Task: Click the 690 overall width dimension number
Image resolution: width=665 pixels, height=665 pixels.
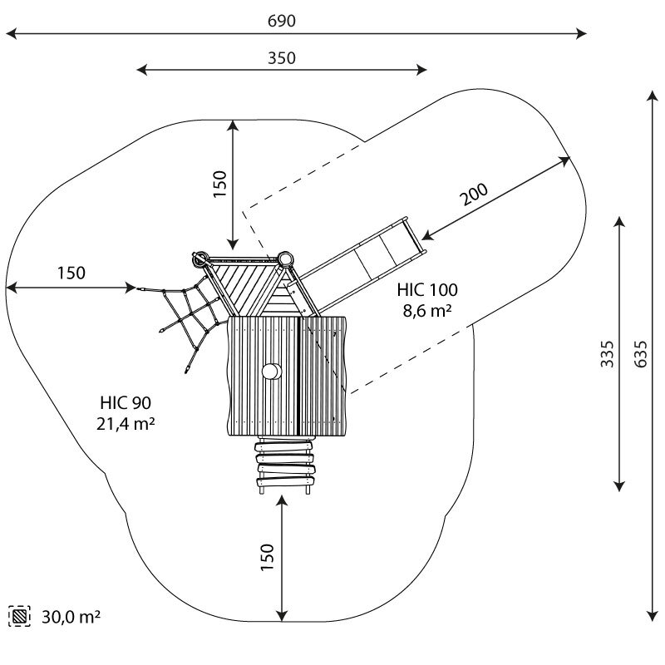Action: (x=282, y=21)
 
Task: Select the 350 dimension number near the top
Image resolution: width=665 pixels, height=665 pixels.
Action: (x=282, y=58)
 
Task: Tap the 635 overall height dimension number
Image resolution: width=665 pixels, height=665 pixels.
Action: (x=641, y=354)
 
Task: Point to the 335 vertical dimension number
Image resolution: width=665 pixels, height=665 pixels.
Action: (x=608, y=354)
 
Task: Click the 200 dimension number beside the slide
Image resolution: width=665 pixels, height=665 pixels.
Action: (x=474, y=195)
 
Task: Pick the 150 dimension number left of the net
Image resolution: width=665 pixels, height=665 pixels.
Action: (x=71, y=273)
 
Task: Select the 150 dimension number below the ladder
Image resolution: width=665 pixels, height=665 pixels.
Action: (x=268, y=557)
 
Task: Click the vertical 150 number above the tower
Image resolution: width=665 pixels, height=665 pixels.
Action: (x=220, y=184)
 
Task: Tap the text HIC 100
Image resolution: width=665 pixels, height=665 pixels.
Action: (x=427, y=290)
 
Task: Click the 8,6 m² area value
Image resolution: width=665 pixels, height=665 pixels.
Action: (x=427, y=311)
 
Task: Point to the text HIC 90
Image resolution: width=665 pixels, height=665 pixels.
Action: (x=126, y=403)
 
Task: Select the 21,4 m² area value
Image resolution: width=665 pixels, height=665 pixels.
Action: (x=126, y=424)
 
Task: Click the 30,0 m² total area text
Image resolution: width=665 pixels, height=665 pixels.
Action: (x=71, y=617)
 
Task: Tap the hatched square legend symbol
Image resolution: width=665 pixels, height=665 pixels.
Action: (x=19, y=616)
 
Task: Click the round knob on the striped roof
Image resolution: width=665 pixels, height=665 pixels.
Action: (x=272, y=372)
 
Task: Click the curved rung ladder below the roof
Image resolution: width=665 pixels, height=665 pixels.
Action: (x=285, y=465)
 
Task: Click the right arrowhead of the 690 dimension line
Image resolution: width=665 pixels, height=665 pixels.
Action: (x=582, y=33)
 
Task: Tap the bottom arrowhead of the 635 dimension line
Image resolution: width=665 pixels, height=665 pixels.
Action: (x=653, y=616)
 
